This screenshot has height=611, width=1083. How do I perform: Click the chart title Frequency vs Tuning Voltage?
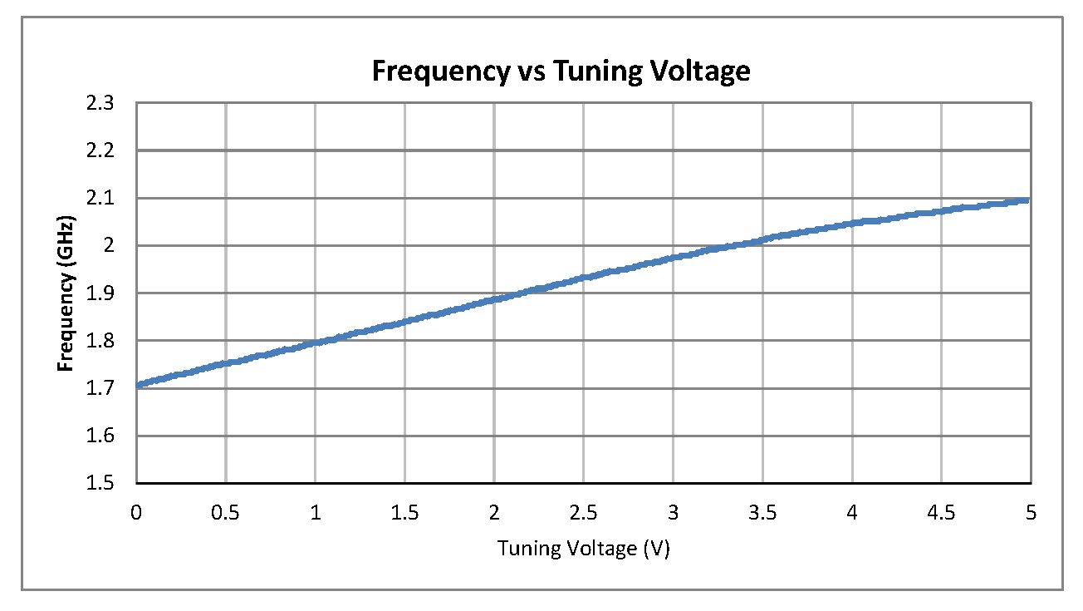coord(561,71)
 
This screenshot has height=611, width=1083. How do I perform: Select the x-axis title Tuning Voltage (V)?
coord(583,549)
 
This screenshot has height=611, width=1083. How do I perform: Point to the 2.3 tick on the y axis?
coord(105,103)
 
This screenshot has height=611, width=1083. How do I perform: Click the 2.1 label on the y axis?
coord(105,199)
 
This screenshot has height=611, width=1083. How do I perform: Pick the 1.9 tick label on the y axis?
coord(105,293)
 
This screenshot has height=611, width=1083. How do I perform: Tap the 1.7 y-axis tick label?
coord(105,388)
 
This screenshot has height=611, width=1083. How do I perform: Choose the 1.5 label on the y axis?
coord(105,484)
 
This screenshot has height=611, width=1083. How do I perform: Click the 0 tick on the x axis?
coord(136,513)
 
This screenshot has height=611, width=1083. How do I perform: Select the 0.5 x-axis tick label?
coord(226,513)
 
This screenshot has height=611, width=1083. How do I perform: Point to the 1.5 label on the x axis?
coord(404,513)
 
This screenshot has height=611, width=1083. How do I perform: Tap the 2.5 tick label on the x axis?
coord(583,513)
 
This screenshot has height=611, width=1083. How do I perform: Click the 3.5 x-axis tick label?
coord(762,513)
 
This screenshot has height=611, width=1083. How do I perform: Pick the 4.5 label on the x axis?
coord(941,513)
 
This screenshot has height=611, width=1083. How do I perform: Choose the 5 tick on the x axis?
coord(1031,513)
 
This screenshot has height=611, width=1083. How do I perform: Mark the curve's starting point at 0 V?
coord(138,385)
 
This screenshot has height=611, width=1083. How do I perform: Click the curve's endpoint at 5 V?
coord(1028,200)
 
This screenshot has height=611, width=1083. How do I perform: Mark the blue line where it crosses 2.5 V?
coord(583,277)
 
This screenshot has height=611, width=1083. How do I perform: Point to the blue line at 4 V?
coord(852,224)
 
